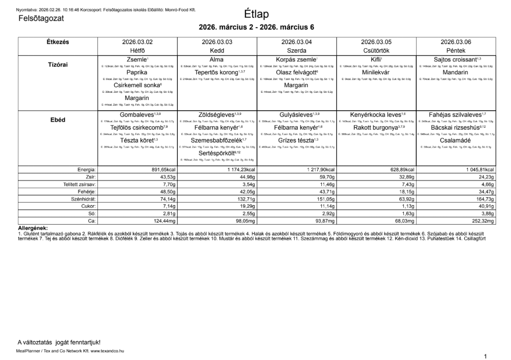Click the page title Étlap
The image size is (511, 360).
[x=256, y=14]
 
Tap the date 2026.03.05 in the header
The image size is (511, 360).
[x=376, y=42]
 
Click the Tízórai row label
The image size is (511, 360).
[x=58, y=65]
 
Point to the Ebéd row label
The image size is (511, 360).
[x=58, y=120]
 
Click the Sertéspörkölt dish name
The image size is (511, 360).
[x=216, y=153]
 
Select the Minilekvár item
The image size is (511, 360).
[x=376, y=73]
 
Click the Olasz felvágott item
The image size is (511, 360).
[x=296, y=73]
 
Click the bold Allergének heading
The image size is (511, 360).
[x=33, y=228]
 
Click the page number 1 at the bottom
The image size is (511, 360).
[x=484, y=355]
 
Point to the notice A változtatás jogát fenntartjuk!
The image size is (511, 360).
[x=59, y=342]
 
